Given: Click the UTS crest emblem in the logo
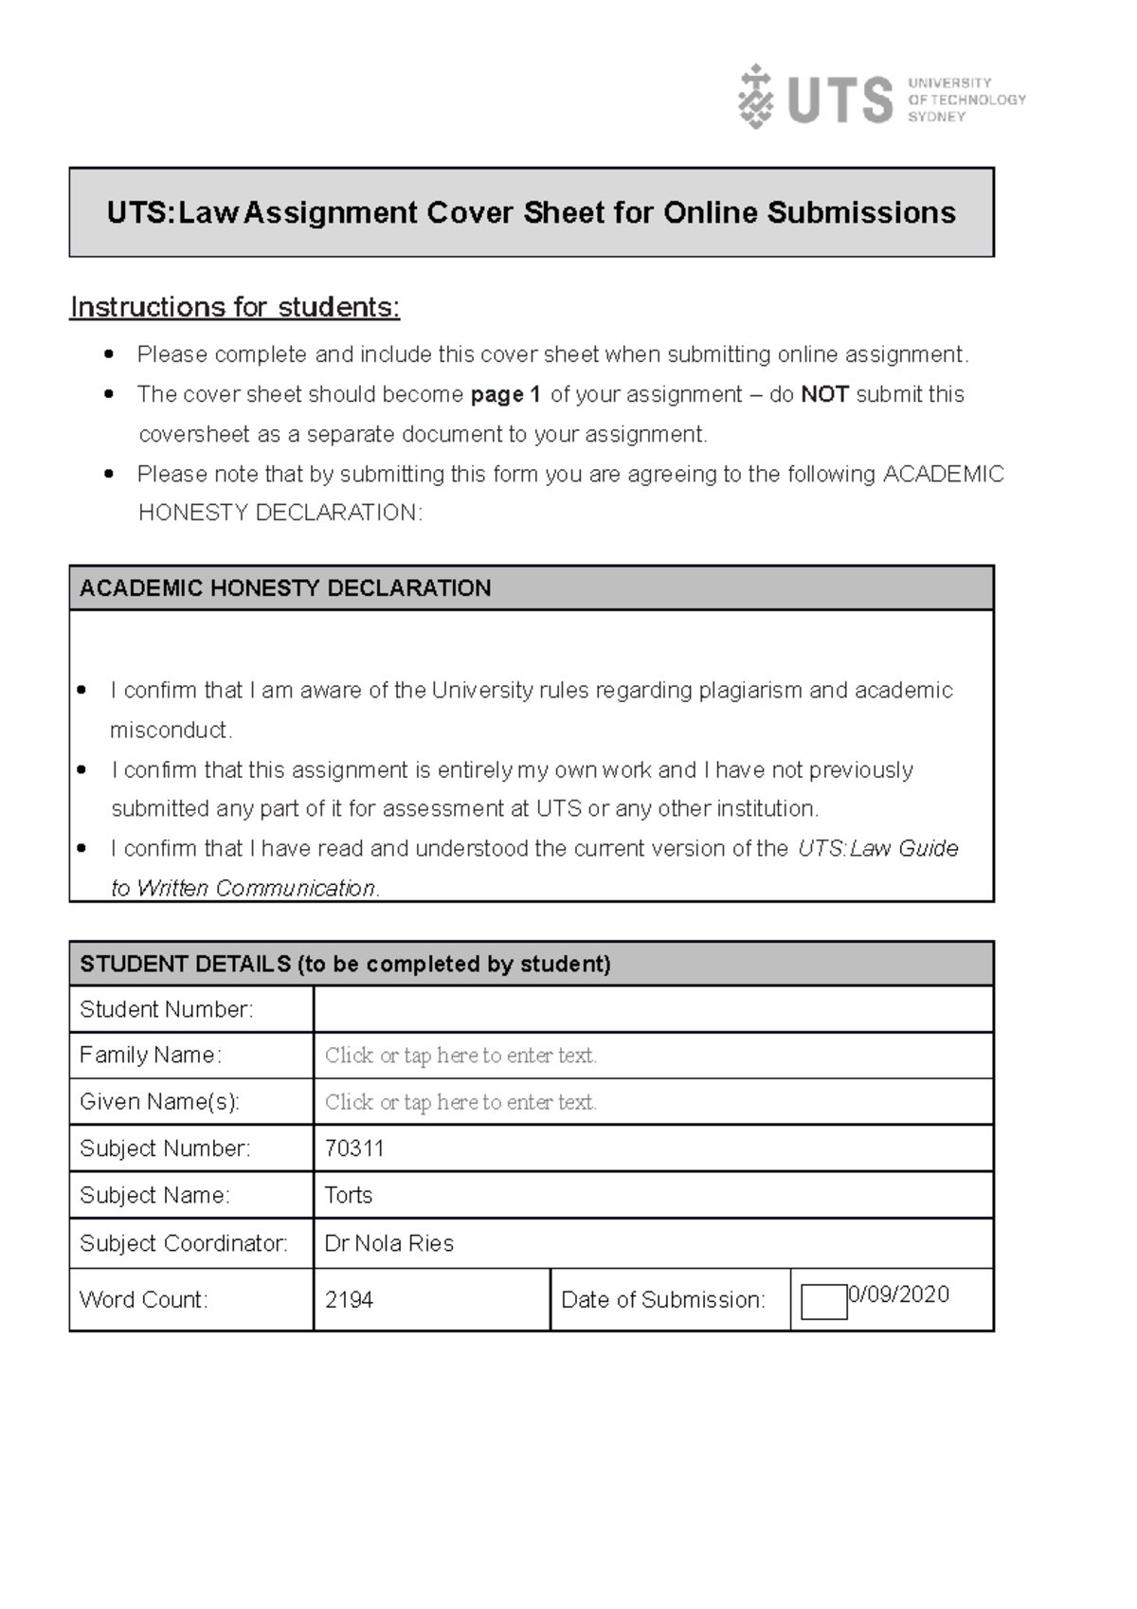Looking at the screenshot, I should pos(755,97).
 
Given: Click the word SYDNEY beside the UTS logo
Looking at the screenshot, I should pos(936,117).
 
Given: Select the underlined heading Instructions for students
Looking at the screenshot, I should pos(235,307).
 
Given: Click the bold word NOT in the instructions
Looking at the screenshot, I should pos(824,394).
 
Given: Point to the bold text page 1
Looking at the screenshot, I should pos(505,394).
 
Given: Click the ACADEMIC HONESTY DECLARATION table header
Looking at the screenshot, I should pos(285,588).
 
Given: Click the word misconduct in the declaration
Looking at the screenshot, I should pos(171,730).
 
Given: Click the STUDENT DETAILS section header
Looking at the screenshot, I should pos(345,964).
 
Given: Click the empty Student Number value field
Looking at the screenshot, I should pos(652,1009).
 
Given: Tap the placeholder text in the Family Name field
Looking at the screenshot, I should pos(460,1056).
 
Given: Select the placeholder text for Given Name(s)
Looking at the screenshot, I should pos(460,1102).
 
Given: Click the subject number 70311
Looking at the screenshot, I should pos(354,1148).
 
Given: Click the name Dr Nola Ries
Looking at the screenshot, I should pos(389,1243).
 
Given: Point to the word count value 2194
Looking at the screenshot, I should pos(349,1299).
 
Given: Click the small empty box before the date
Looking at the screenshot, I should pos(823,1302).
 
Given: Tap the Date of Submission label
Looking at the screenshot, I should pos(662,1299).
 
